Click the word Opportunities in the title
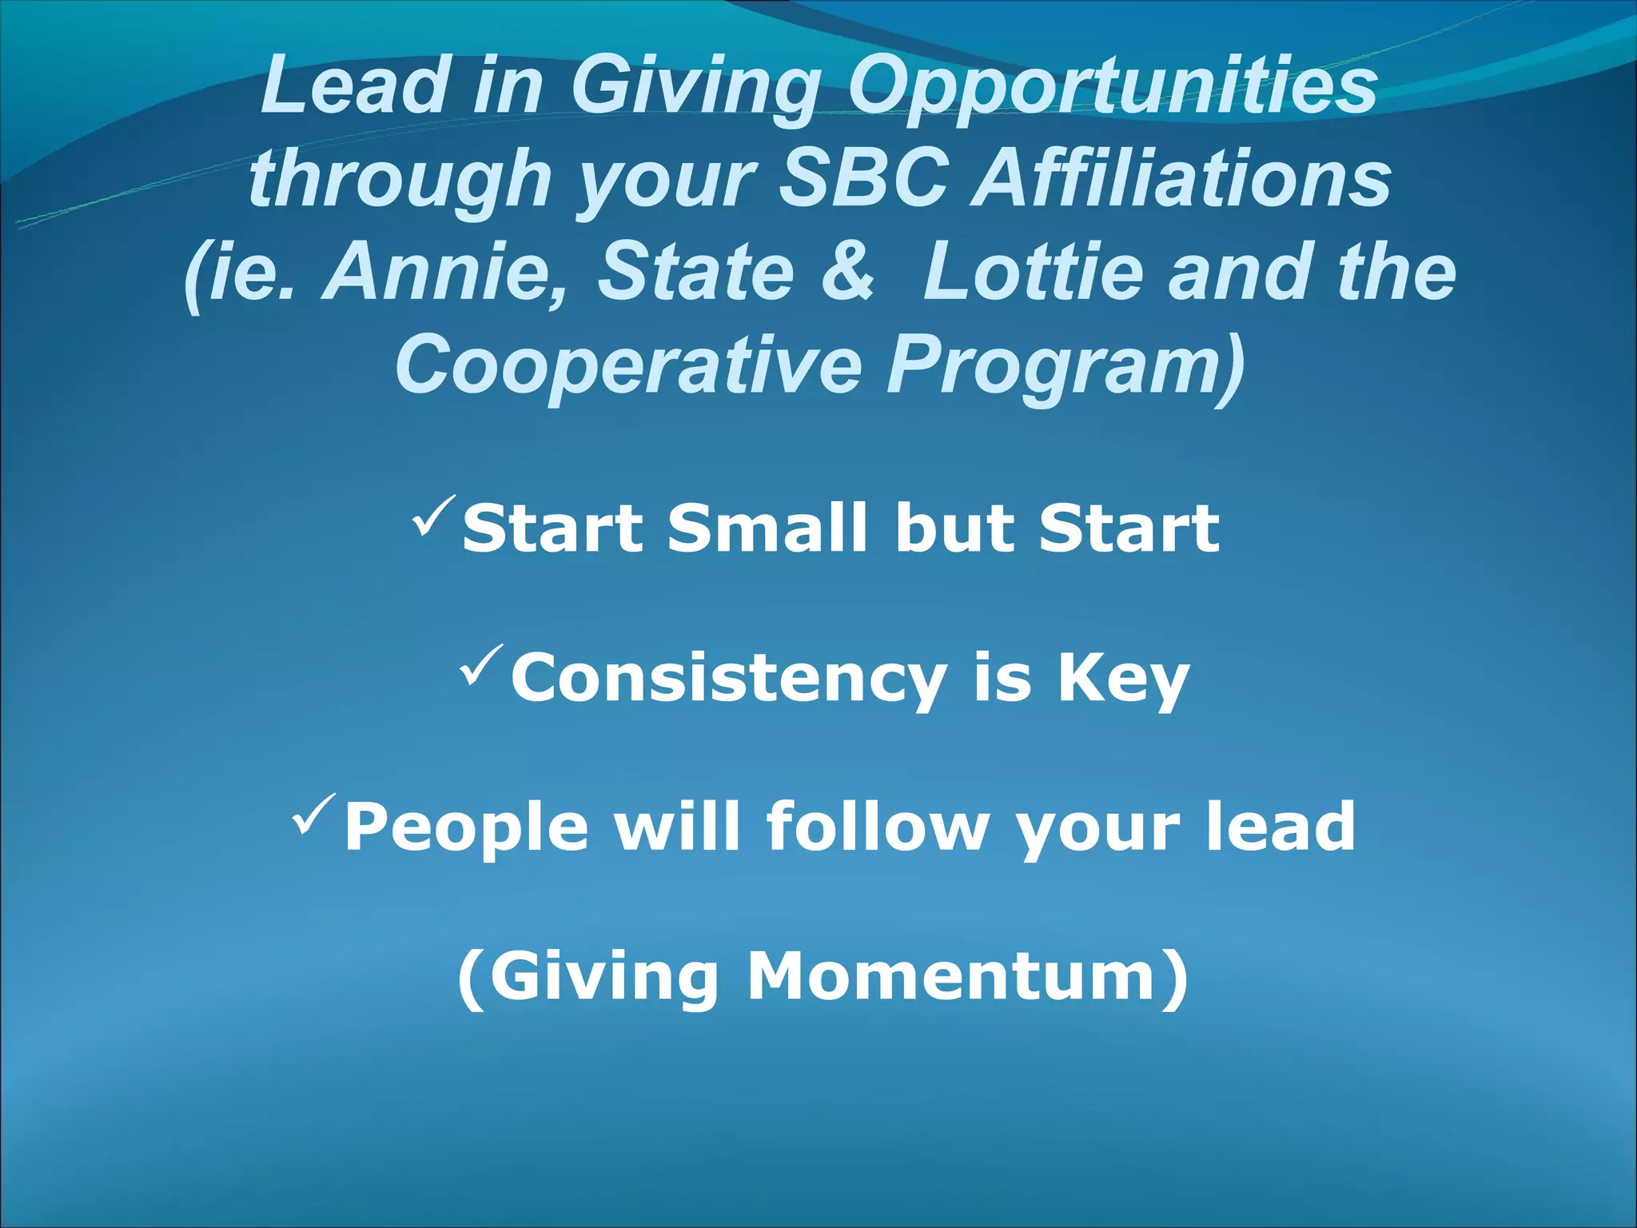pyautogui.click(x=1112, y=86)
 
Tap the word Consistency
pyautogui.click(x=728, y=678)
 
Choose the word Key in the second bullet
pyautogui.click(x=1123, y=678)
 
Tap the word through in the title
pyautogui.click(x=400, y=179)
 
